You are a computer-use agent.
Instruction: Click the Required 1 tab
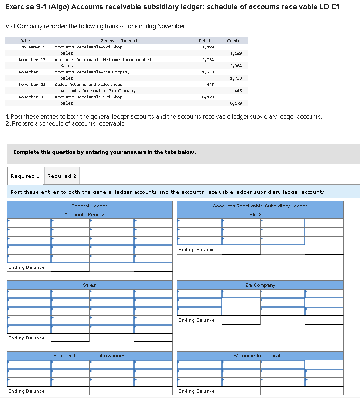pos(25,176)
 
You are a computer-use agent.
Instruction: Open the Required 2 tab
pos(62,176)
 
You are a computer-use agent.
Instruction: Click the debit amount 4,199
pos(207,47)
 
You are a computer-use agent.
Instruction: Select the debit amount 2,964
pos(207,60)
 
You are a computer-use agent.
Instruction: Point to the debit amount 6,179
pos(207,97)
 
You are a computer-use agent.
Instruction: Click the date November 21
pos(32,85)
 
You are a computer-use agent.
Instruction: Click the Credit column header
pos(234,41)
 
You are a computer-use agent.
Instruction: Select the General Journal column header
pos(118,41)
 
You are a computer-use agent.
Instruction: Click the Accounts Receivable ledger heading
pos(89,215)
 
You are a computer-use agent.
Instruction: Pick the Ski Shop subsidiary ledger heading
pos(260,215)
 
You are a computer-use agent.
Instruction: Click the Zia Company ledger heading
pos(260,285)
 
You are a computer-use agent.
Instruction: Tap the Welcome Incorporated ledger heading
pos(260,356)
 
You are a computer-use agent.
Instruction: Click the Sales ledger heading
pos(89,285)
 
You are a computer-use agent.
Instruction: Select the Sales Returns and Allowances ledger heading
pos(89,356)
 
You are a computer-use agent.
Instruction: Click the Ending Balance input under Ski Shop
pos(240,250)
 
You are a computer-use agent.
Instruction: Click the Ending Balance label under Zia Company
pos(197,320)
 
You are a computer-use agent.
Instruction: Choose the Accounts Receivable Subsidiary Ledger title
pos(260,206)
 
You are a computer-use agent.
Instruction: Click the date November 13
pos(32,72)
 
